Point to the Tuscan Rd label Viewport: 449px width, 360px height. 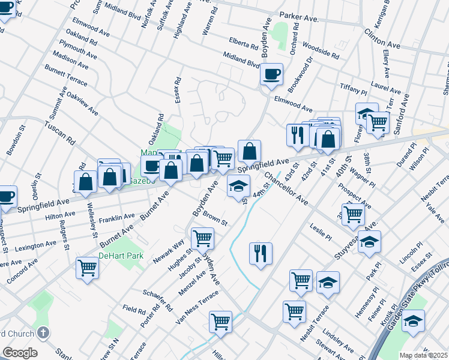click(x=59, y=134)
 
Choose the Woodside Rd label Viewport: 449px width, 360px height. click(x=321, y=49)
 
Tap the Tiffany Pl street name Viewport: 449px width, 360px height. click(x=354, y=88)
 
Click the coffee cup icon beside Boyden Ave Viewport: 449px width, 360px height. click(x=271, y=74)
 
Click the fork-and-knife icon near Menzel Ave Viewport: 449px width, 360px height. click(x=261, y=253)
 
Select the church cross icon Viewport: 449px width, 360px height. click(x=43, y=332)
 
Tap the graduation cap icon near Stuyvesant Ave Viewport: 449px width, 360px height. click(x=370, y=244)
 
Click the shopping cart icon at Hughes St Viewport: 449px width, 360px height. click(x=202, y=239)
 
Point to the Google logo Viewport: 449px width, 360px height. click(x=20, y=353)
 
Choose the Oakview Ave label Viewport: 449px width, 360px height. click(x=82, y=103)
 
